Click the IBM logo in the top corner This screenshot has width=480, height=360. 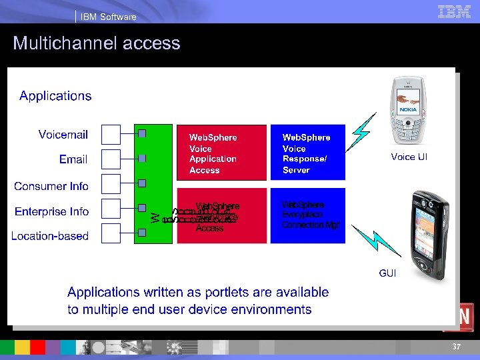(454, 11)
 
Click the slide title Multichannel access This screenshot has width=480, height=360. (97, 43)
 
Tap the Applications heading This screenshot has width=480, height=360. (55, 96)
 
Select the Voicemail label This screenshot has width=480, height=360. (63, 135)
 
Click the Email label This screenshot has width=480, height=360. (73, 159)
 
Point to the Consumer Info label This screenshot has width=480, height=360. (51, 186)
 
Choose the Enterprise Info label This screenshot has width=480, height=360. (52, 211)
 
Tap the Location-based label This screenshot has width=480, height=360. (50, 236)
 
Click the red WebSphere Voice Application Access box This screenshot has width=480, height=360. (220, 153)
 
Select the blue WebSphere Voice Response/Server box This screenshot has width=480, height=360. (307, 153)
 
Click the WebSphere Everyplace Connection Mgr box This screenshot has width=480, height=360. (307, 215)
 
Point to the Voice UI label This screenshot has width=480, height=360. (409, 157)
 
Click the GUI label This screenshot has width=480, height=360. (387, 273)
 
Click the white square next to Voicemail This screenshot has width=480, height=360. (111, 134)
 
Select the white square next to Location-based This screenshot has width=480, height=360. (111, 233)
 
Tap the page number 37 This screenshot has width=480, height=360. (456, 347)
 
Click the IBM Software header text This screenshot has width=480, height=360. (108, 17)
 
